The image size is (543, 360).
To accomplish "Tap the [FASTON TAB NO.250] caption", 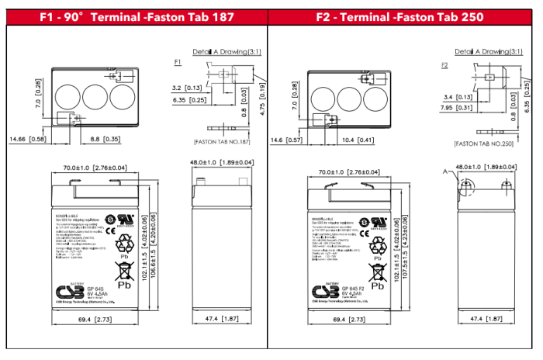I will (486, 144).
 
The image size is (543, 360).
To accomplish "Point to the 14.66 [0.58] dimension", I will (27, 139).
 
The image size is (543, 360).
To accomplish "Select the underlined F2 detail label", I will (444, 66).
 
